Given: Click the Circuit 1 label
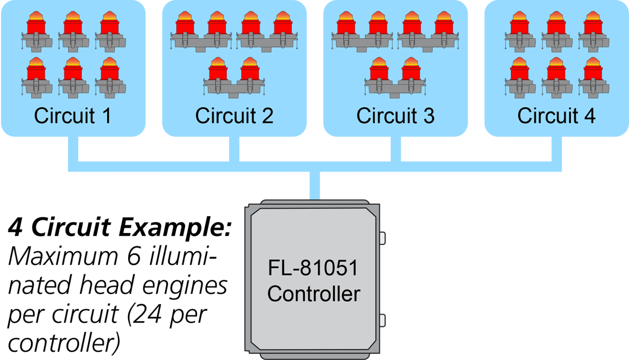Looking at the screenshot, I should pyautogui.click(x=72, y=116).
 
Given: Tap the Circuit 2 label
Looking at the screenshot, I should pyautogui.click(x=234, y=116).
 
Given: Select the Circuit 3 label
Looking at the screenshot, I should pyautogui.click(x=395, y=116).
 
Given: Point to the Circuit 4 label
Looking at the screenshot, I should pyautogui.click(x=556, y=116).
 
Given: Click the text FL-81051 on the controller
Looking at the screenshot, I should pyautogui.click(x=313, y=268).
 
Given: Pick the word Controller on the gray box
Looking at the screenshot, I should pyautogui.click(x=314, y=294).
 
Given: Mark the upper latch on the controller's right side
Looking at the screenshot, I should pyautogui.click(x=382, y=238).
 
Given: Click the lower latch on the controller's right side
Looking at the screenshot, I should pyautogui.click(x=382, y=320).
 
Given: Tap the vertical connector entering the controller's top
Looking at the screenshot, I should pyautogui.click(x=314, y=185).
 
